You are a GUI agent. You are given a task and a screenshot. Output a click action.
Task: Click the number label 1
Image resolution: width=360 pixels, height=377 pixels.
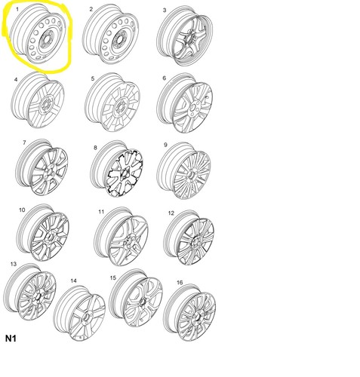point(17,10)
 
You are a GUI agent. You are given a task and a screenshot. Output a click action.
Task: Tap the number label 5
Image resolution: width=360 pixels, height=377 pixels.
point(93,79)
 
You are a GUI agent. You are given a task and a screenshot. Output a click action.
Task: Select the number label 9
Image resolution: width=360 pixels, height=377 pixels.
point(165,145)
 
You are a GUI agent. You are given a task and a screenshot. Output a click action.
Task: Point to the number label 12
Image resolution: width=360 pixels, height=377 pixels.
point(171,213)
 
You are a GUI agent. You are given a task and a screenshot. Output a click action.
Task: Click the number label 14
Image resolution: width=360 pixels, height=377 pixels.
point(73,280)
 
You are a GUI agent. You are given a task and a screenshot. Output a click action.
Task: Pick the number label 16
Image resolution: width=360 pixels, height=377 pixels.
point(180,283)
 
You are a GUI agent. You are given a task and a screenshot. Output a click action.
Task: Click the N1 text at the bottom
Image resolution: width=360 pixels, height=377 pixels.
point(11,339)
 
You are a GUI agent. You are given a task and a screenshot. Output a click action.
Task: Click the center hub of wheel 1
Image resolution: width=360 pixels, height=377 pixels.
point(47,39)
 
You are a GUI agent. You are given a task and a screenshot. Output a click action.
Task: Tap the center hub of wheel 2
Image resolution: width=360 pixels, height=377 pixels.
point(120,40)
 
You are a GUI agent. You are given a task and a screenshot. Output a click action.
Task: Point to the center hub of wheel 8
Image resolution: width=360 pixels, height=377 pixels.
point(125,174)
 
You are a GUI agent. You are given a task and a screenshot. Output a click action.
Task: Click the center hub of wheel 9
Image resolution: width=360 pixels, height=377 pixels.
point(192,175)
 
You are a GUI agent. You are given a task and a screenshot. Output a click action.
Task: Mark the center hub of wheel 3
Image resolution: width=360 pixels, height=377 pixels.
point(189,38)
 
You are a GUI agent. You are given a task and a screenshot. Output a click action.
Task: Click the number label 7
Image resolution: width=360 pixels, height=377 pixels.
point(24,143)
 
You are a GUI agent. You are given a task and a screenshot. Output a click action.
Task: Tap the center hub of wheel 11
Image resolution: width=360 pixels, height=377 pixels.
point(129,241)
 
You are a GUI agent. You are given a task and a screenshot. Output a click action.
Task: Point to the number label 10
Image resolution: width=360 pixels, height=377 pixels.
point(22,210)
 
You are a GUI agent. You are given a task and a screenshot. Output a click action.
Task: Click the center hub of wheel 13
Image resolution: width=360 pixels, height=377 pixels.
point(38,296)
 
